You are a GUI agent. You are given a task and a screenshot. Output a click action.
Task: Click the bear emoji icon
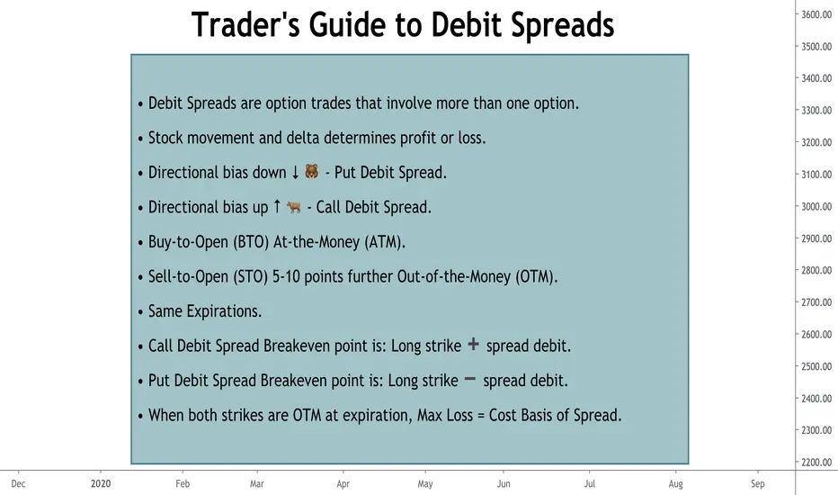pos(312,171)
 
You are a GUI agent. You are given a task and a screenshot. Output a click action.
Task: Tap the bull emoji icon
pos(294,207)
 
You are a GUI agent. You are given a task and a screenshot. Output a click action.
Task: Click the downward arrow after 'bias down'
pos(295,172)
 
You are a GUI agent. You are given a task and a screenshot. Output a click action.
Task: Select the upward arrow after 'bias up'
pos(277,206)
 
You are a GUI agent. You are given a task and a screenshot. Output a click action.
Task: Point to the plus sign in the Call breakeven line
pos(474,344)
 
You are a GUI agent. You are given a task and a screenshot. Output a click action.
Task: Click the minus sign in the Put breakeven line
pos(470,379)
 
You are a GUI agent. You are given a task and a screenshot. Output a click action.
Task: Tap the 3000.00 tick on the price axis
pos(816,207)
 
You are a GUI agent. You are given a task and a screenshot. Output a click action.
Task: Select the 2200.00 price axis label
pos(816,463)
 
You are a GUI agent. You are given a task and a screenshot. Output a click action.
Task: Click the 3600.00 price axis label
pos(816,14)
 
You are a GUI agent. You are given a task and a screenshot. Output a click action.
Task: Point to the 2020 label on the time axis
pos(101,484)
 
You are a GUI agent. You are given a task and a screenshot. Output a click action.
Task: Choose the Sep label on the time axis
pos(757,484)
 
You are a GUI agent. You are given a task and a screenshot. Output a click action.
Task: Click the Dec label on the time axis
pos(18,484)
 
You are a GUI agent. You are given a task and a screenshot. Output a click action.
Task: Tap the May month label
pos(425,484)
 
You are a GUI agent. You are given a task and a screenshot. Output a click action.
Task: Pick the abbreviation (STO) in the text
pos(250,276)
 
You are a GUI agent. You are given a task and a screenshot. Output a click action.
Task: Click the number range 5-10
pos(286,276)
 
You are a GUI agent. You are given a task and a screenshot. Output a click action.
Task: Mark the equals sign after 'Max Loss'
pos(481,415)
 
